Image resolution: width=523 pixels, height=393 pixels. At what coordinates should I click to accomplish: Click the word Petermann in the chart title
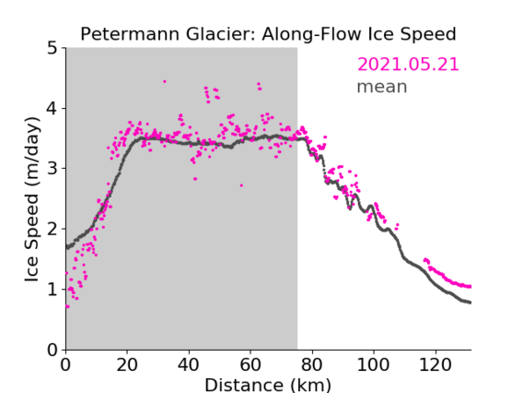131,34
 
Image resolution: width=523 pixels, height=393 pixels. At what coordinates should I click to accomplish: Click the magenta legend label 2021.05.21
408,65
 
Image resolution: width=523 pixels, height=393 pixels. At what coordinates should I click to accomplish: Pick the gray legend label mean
382,87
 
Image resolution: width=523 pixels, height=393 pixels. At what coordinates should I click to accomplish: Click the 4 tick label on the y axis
52,109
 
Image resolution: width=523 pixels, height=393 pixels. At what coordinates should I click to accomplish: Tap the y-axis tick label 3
52,169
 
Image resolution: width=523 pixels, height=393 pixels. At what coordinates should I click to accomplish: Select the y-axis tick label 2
52,229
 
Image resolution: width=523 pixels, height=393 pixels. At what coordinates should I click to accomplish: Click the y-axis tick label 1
52,290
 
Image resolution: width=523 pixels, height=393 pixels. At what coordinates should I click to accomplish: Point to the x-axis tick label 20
127,364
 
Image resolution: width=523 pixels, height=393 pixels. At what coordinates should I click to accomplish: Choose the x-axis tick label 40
189,364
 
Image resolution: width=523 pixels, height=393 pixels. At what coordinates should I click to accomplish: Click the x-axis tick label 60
250,364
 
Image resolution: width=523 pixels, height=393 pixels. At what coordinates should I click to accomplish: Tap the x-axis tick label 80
312,364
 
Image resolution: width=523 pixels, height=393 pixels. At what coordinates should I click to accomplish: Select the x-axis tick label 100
373,364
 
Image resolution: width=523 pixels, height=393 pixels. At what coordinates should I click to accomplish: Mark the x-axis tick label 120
435,364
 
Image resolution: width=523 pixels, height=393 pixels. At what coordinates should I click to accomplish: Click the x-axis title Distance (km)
268,386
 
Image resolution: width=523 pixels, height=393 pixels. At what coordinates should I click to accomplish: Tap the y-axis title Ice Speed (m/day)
32,199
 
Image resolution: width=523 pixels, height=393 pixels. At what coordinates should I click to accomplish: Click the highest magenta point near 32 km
165,81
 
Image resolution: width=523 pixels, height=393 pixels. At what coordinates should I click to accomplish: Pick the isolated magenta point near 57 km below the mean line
241,185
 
